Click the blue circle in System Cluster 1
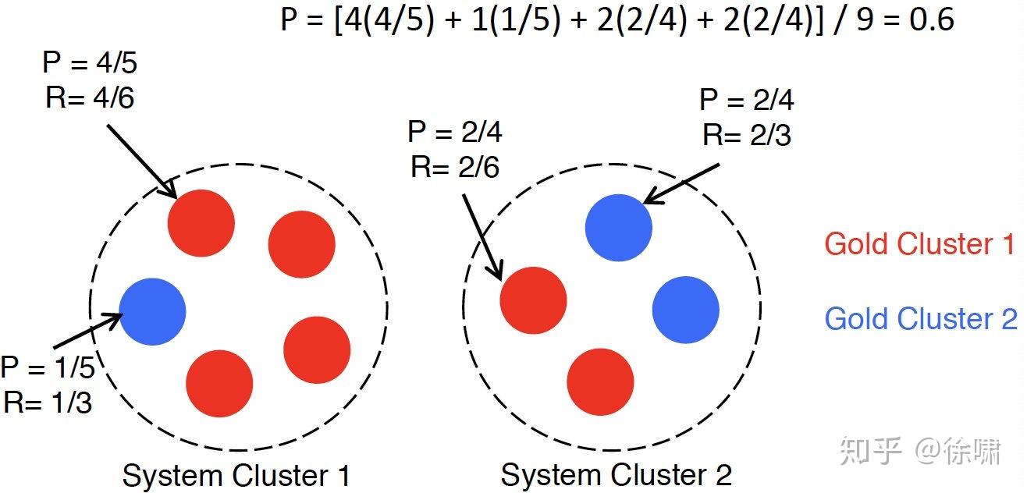[x=152, y=311]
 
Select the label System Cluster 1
[x=236, y=475]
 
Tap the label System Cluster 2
[x=616, y=475]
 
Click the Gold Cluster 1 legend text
[x=919, y=244]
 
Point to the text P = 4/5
[x=90, y=64]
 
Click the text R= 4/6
[x=90, y=98]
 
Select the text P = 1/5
[x=48, y=367]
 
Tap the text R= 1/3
[x=48, y=402]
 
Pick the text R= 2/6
[x=455, y=167]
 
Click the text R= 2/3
[x=747, y=135]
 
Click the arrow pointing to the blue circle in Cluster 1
[x=88, y=332]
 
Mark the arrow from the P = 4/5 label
[x=140, y=161]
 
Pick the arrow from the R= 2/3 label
[x=681, y=184]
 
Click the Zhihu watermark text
[x=919, y=451]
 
